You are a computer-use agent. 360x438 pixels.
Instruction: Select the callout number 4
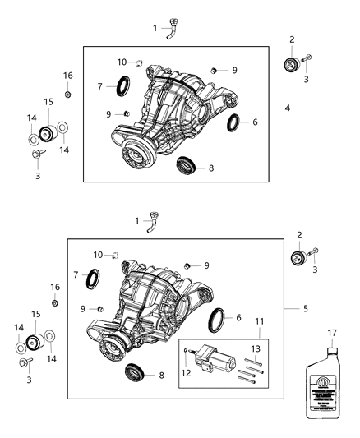pos(287,108)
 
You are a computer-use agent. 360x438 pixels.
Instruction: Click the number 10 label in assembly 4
pos(122,62)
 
